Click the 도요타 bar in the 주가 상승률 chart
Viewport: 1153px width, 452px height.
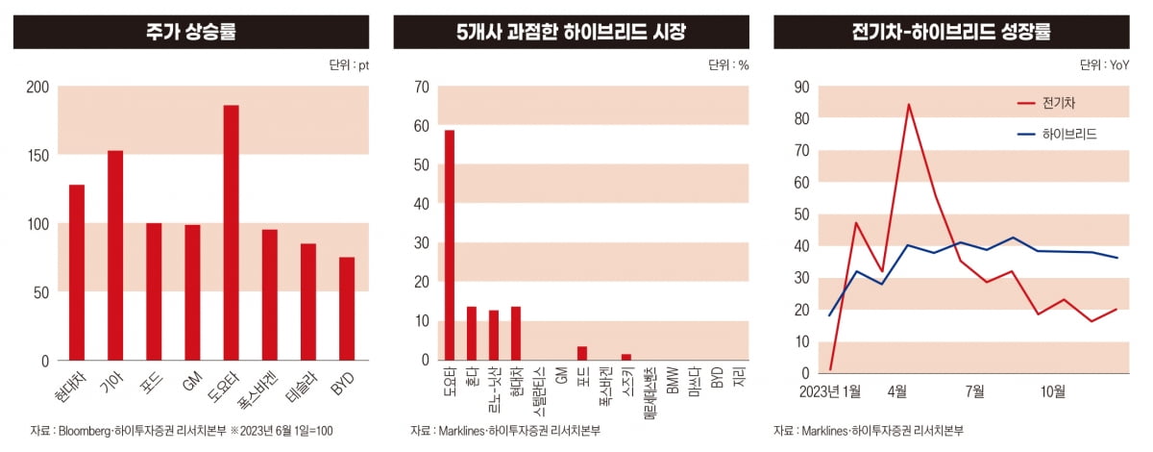pos(231,233)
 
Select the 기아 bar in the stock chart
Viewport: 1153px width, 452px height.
pos(115,255)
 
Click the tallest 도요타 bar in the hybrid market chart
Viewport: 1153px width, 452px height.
pos(449,245)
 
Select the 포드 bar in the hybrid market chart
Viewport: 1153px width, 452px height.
pos(581,353)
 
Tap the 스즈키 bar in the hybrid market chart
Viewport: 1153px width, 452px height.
pos(626,357)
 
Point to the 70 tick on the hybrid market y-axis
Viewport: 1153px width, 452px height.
pos(421,87)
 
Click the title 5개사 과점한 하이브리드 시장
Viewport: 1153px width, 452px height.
pos(572,32)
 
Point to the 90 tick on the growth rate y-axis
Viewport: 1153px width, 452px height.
pos(800,87)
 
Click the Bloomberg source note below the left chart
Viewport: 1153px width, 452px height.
pos(182,430)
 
